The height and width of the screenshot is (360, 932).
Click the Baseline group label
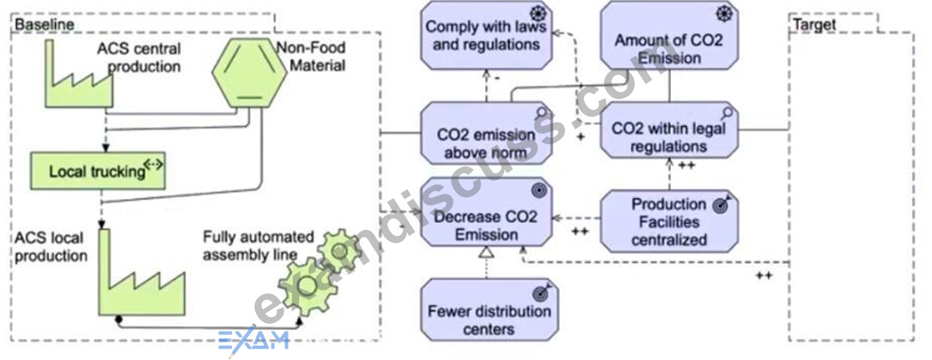(44, 25)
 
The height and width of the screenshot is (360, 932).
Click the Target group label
(814, 25)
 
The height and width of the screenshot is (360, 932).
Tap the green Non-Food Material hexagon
(249, 73)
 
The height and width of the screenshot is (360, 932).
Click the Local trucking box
(98, 170)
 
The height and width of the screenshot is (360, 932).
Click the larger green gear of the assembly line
(307, 286)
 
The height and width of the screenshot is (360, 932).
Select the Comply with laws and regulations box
(486, 35)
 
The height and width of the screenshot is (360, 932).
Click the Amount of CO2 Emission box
(669, 35)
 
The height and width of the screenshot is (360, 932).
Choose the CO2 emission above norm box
(486, 133)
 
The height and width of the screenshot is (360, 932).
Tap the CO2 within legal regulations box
(669, 130)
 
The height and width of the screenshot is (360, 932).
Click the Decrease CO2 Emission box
(486, 212)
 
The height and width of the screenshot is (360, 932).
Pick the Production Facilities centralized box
(669, 221)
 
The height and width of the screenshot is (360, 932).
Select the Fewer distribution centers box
(489, 310)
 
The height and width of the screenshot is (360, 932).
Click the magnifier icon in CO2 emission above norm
(541, 113)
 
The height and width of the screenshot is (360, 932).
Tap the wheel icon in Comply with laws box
(538, 13)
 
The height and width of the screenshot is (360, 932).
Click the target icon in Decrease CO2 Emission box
(539, 190)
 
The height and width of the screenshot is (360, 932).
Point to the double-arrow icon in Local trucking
(153, 164)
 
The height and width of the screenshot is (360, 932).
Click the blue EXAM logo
(254, 340)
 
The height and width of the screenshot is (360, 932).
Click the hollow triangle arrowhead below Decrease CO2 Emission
(486, 252)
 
